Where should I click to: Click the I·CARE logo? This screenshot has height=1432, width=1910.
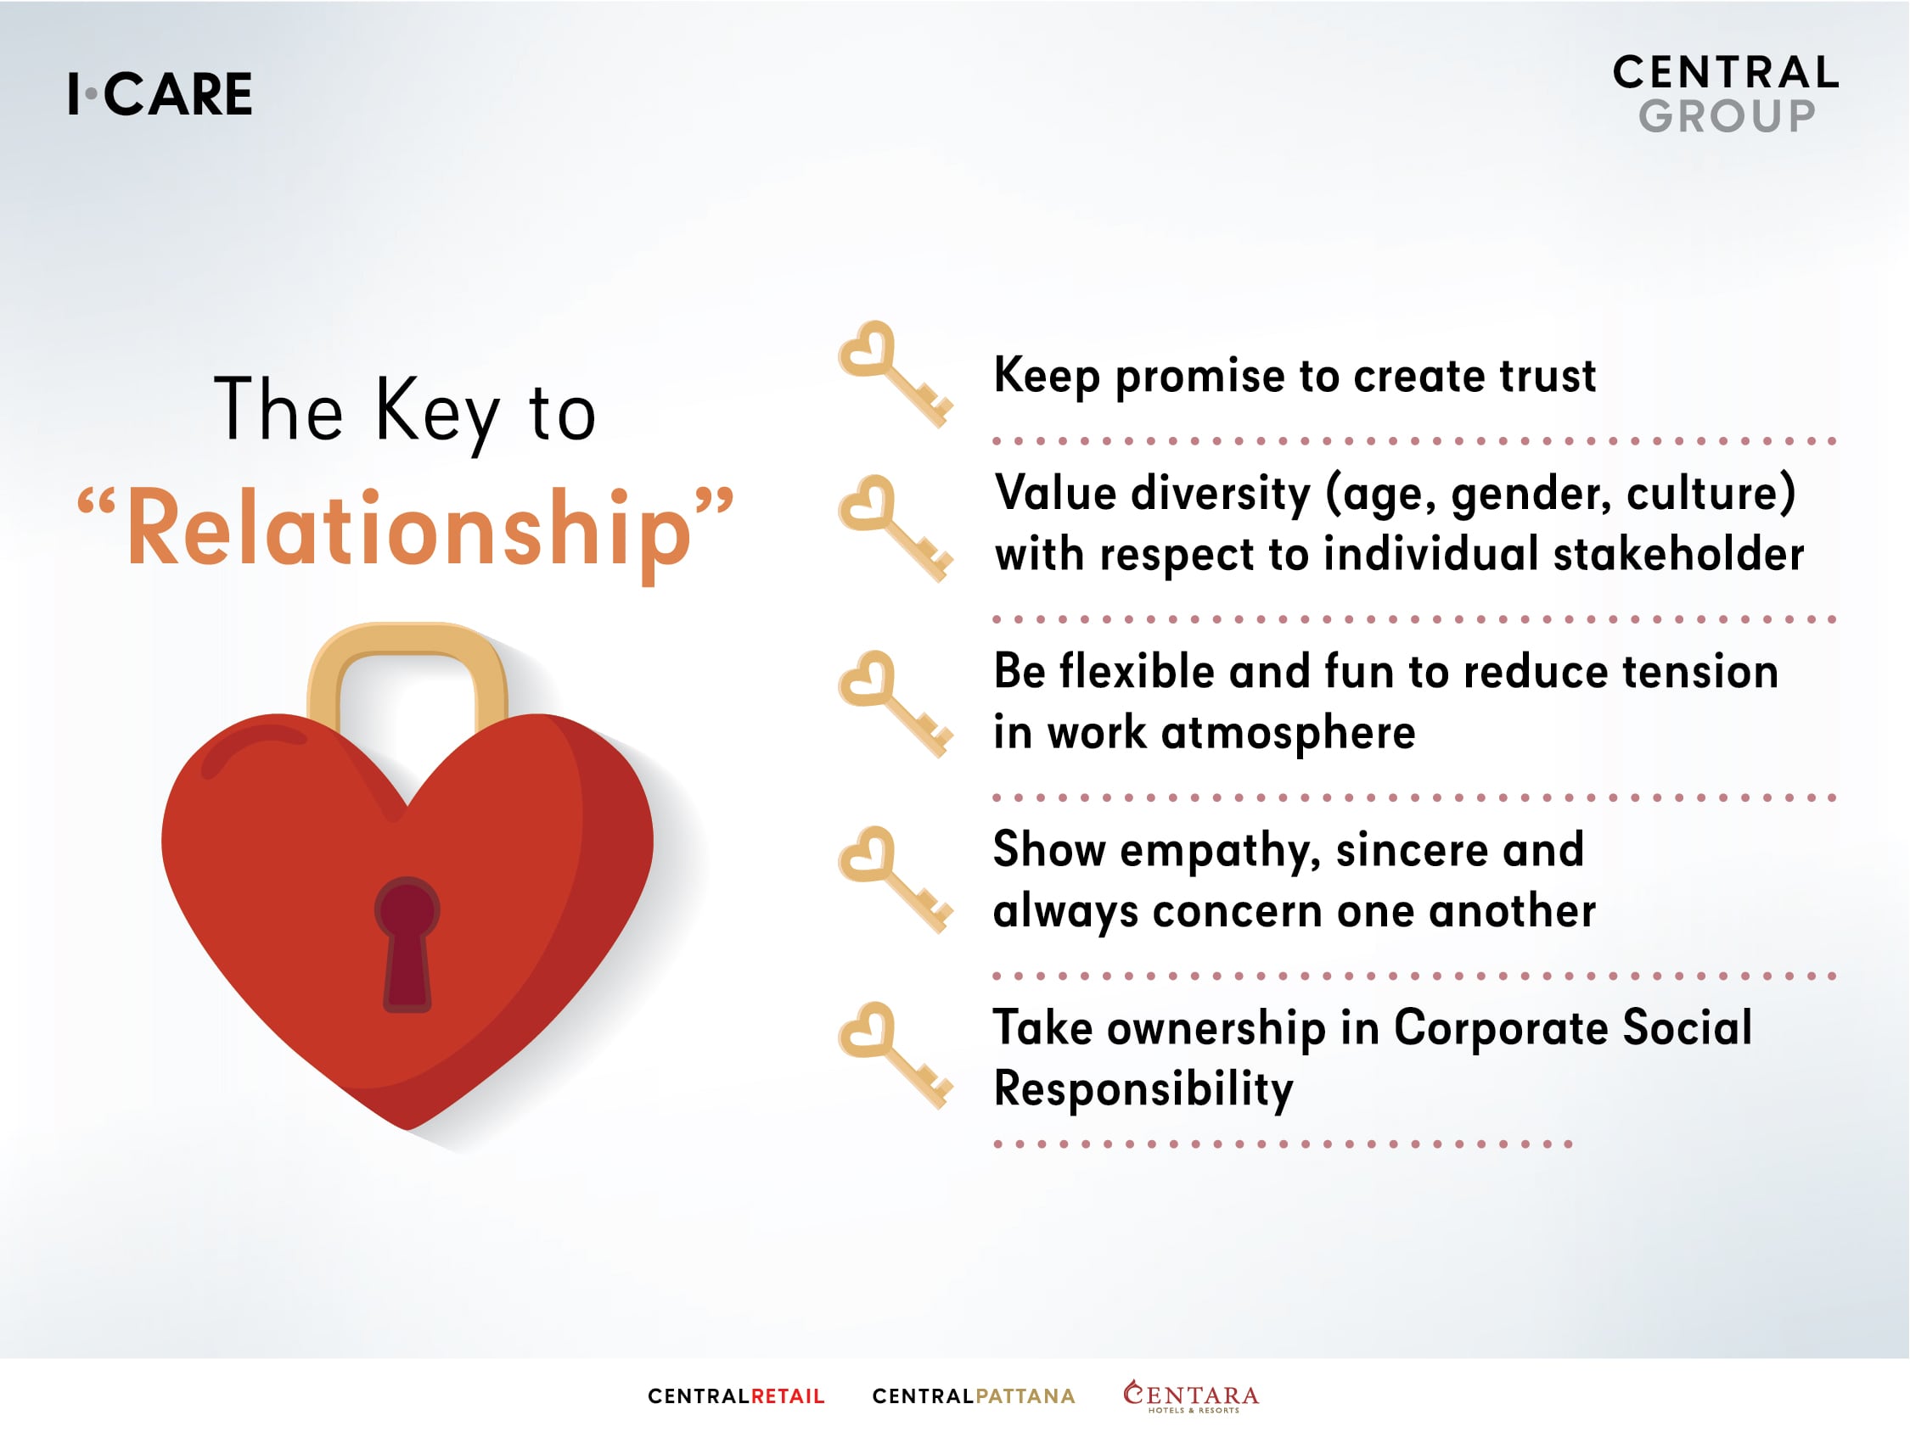(160, 94)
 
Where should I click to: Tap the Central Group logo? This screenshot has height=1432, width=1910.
(1725, 94)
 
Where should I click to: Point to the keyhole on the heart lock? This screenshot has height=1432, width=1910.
(407, 943)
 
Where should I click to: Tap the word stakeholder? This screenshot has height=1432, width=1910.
(1678, 553)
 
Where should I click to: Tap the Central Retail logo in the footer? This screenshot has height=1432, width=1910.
(737, 1396)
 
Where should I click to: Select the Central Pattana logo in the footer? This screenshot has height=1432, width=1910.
(973, 1396)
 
